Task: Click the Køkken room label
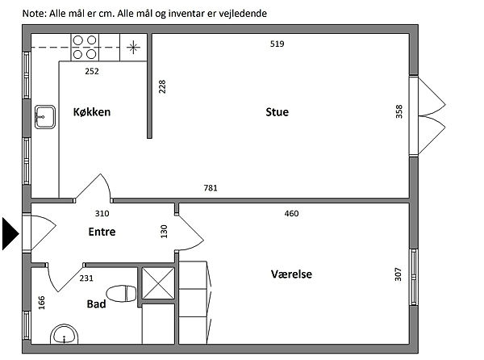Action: pyautogui.click(x=92, y=111)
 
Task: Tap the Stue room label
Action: pyautogui.click(x=277, y=111)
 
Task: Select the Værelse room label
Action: pyautogui.click(x=291, y=274)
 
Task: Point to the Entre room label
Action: pyautogui.click(x=102, y=232)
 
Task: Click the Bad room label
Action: pyautogui.click(x=96, y=304)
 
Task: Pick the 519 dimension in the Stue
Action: pyautogui.click(x=277, y=44)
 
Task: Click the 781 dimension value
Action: pyautogui.click(x=211, y=188)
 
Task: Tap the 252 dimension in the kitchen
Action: pyautogui.click(x=92, y=71)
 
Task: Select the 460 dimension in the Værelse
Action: pyautogui.click(x=291, y=213)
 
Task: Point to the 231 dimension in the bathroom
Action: pyautogui.click(x=86, y=278)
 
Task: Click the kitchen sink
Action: pyautogui.click(x=45, y=117)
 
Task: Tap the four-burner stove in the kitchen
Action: pyautogui.click(x=85, y=48)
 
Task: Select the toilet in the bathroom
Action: pyautogui.click(x=121, y=294)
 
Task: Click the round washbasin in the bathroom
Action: pyautogui.click(x=65, y=334)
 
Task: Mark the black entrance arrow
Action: pyautogui.click(x=10, y=234)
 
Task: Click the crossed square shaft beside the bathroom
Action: pyautogui.click(x=158, y=283)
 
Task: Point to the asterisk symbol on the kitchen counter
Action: pyautogui.click(x=133, y=48)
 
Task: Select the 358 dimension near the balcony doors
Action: pyautogui.click(x=399, y=111)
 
